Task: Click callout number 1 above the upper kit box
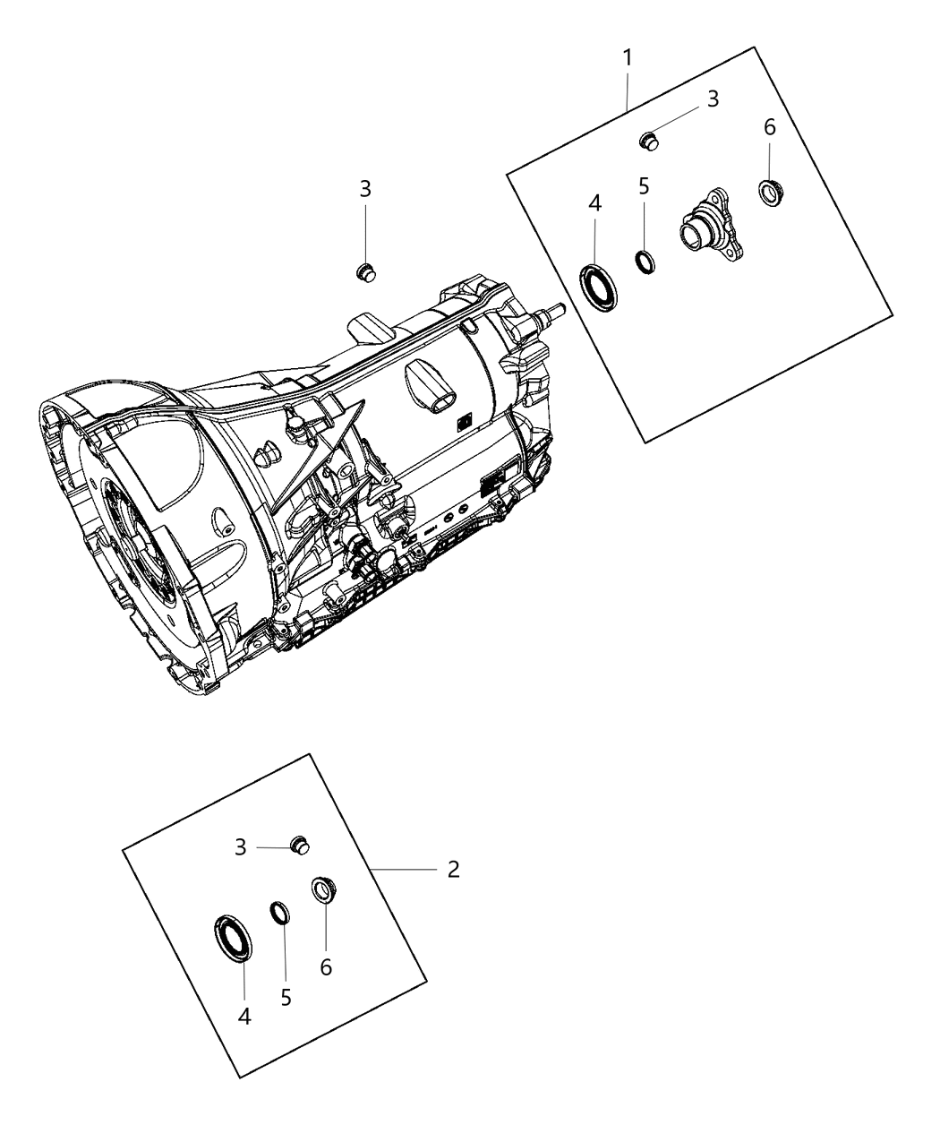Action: (x=628, y=58)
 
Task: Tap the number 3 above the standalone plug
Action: (x=365, y=190)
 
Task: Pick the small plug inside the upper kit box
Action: (x=650, y=141)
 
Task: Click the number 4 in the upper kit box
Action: (x=594, y=204)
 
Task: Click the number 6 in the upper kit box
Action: (x=769, y=128)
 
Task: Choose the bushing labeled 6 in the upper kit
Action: (x=769, y=193)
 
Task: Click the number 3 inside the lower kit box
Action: (x=240, y=847)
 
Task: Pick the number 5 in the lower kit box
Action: (x=286, y=997)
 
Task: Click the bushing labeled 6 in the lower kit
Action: (x=323, y=890)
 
